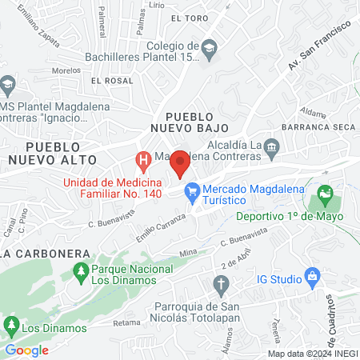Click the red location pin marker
tap(181, 162)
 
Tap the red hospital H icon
tap(143, 162)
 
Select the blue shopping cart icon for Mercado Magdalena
tap(192, 190)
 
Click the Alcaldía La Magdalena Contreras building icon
tap(272, 145)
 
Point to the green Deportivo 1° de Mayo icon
tap(324, 194)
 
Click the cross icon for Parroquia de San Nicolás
tap(222, 284)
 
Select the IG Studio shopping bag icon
tap(313, 278)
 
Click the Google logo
tap(27, 350)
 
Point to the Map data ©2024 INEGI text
tap(310, 354)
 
